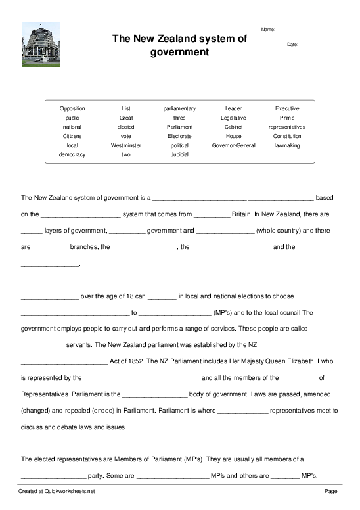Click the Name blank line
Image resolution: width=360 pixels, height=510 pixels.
point(307,31)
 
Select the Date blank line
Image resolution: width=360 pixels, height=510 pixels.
point(318,45)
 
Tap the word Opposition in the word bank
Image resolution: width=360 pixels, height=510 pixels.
point(72,108)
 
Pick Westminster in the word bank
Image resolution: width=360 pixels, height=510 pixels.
point(126,145)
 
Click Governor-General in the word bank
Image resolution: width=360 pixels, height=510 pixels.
point(233,145)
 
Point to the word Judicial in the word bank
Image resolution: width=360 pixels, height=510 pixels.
point(179,154)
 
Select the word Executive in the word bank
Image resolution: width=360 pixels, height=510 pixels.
point(287,108)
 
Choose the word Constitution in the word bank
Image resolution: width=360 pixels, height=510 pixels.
point(287,136)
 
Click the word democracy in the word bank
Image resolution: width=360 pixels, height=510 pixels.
point(72,154)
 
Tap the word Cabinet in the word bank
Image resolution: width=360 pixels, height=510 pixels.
point(233,127)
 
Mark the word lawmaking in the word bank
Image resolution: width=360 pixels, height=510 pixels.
point(287,145)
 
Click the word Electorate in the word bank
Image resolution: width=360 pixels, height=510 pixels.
point(179,136)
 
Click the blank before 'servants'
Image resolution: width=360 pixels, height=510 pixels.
point(43,344)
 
